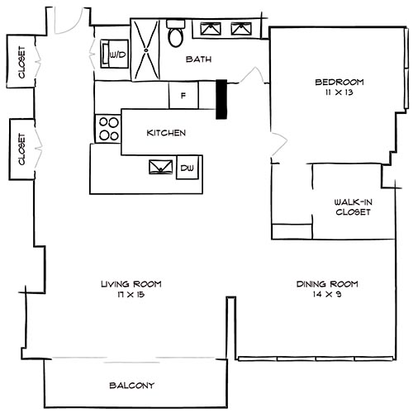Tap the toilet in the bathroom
(x=176, y=36)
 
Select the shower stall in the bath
(x=145, y=48)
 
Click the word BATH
(x=198, y=59)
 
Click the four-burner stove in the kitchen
(x=109, y=128)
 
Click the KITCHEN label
(x=166, y=133)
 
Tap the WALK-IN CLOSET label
(x=352, y=206)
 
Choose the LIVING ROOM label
(x=131, y=284)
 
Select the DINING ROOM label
(x=327, y=284)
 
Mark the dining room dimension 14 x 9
(x=327, y=295)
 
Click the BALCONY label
(x=131, y=386)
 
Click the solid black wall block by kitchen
(x=221, y=99)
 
